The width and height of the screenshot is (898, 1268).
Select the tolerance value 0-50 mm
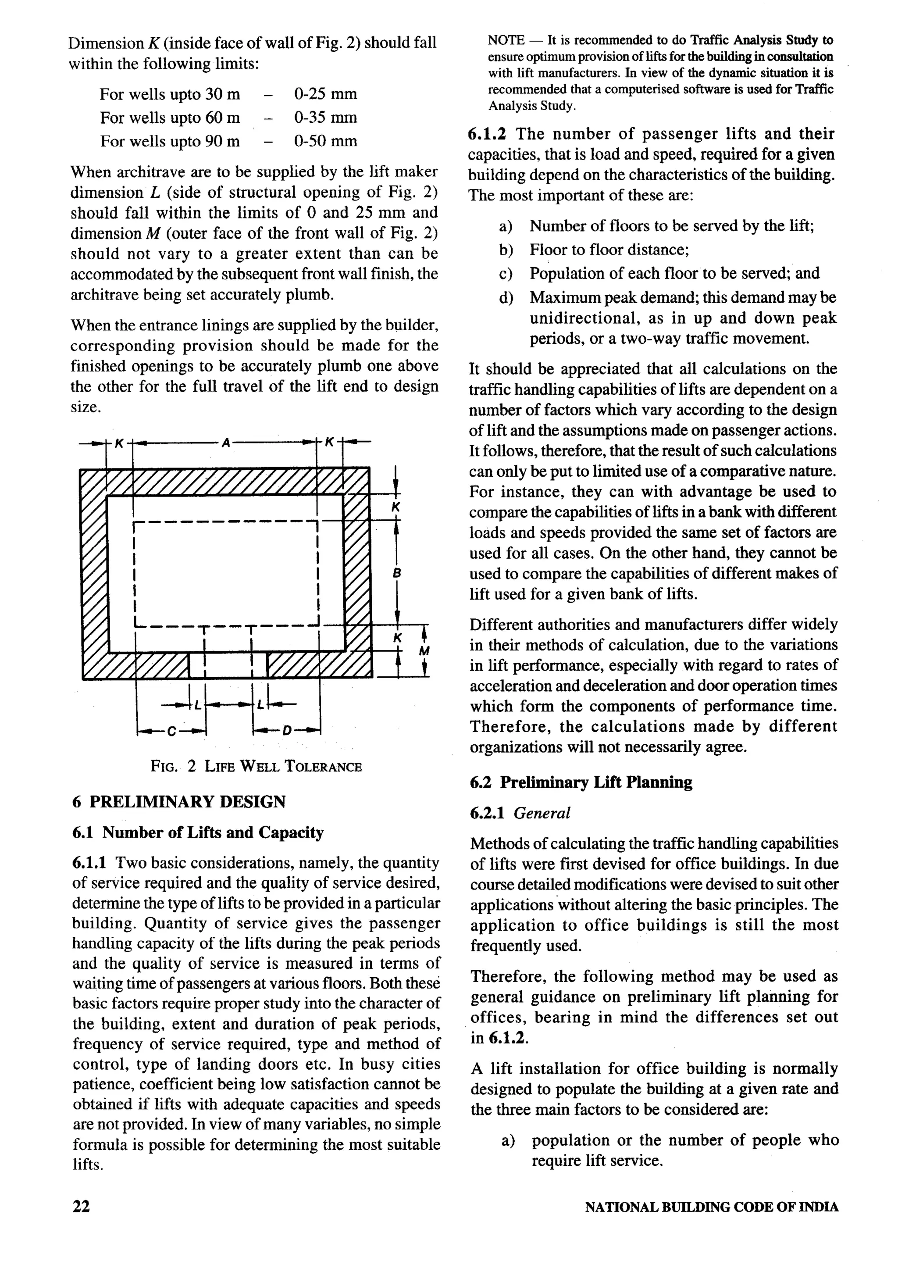coord(325,141)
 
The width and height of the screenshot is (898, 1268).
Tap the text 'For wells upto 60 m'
coord(170,118)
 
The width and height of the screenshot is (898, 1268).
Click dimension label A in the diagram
coord(225,443)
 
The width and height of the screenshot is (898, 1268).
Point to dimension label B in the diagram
coord(396,573)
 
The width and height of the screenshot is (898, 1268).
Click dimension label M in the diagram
coord(424,650)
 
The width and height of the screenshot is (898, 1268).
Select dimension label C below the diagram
coord(171,732)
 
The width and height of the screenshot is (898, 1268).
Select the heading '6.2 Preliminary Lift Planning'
coord(581,782)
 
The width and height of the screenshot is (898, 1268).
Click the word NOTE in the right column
coord(506,40)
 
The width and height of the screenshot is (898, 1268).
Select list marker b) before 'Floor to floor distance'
coord(506,250)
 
